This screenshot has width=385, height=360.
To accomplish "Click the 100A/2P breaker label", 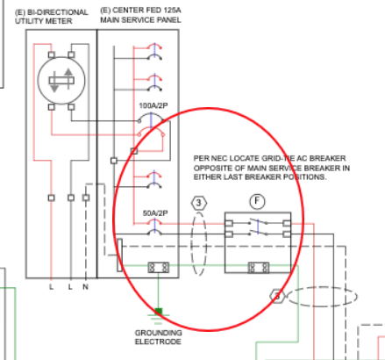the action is [x=153, y=105].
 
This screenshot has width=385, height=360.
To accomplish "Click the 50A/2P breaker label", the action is [x=155, y=213].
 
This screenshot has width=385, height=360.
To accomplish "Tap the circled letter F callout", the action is [x=257, y=201].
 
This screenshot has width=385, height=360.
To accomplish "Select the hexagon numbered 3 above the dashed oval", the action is [x=199, y=203].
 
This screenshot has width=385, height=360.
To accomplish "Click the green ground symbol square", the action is [x=159, y=311].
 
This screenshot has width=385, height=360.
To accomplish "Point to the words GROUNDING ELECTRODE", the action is [x=158, y=337].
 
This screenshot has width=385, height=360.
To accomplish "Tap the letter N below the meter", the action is [x=85, y=287].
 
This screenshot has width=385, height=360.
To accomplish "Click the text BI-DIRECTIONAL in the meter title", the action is [x=57, y=12].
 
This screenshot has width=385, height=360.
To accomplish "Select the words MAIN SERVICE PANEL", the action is [x=140, y=20].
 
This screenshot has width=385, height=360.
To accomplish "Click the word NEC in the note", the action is [x=219, y=158].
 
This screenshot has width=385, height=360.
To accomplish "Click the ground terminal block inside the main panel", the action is [x=159, y=268].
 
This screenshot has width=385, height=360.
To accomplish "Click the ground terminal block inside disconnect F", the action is [x=259, y=268].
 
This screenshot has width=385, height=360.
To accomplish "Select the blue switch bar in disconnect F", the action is [x=258, y=227].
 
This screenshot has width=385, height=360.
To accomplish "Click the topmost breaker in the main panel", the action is [x=154, y=51].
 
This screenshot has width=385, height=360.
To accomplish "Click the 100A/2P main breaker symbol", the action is [x=151, y=125].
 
